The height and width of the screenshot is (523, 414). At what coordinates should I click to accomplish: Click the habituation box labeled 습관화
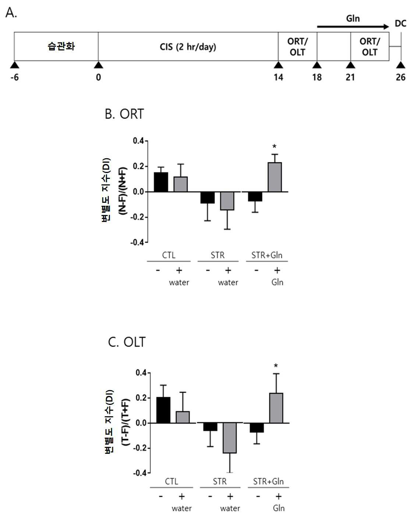pyautogui.click(x=56, y=46)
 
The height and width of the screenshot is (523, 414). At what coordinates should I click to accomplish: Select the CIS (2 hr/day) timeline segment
pyautogui.click(x=188, y=46)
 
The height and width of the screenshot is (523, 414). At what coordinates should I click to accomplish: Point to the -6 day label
pyautogui.click(x=15, y=77)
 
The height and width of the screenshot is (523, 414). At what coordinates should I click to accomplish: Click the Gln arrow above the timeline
pyautogui.click(x=353, y=26)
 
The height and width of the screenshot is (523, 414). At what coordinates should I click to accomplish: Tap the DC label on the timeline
pyautogui.click(x=401, y=24)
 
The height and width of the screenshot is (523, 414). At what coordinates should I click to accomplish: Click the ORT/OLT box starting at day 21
pyautogui.click(x=370, y=46)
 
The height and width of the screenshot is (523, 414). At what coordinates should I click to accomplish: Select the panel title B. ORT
pyautogui.click(x=124, y=114)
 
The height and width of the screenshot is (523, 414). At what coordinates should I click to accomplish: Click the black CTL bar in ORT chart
pyautogui.click(x=161, y=182)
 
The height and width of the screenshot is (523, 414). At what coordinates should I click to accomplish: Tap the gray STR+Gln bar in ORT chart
pyautogui.click(x=275, y=177)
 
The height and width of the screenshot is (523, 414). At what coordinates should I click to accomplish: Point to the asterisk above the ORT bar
pyautogui.click(x=274, y=147)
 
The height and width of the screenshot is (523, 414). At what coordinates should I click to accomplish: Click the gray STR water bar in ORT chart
pyautogui.click(x=227, y=201)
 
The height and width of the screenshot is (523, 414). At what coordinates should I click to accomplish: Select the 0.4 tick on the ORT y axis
pyautogui.click(x=139, y=141)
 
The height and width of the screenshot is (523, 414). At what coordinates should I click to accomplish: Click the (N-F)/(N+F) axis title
pyautogui.click(x=123, y=191)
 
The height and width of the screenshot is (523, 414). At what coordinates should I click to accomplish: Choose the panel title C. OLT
pyautogui.click(x=127, y=342)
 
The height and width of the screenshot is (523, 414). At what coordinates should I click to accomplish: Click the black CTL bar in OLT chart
pyautogui.click(x=163, y=410)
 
